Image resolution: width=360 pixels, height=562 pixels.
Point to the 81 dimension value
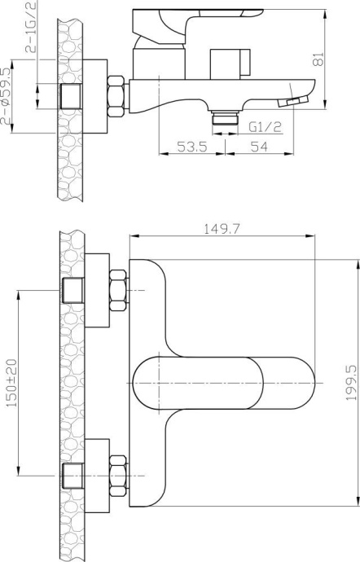pyautogui.click(x=319, y=58)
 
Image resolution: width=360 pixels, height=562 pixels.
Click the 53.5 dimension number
pyautogui.click(x=193, y=147)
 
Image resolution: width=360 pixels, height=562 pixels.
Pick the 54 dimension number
pyautogui.click(x=260, y=147)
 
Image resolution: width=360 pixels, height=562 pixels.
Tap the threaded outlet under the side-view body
pyautogui.click(x=222, y=121)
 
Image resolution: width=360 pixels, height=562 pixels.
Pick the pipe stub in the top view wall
pyautogui.click(x=72, y=96)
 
